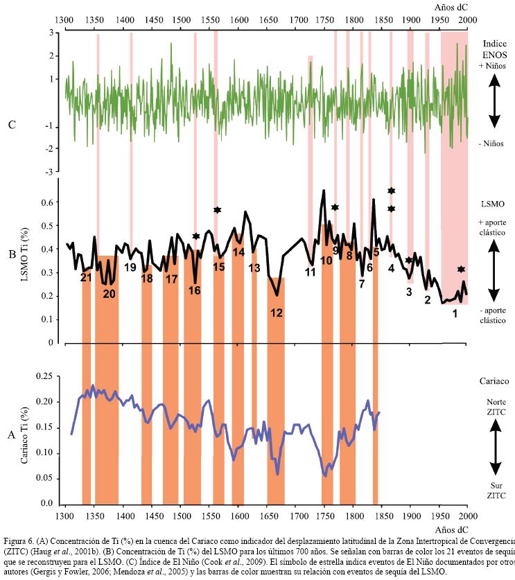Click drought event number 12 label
click(277, 313)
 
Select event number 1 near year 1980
click(455, 313)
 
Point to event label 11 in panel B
click(311, 272)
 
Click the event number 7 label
click(362, 283)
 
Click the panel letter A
click(11, 435)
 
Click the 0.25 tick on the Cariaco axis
click(43, 376)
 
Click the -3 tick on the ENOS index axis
click(50, 171)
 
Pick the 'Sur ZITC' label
click(493, 491)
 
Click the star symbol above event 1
click(461, 269)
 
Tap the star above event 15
click(217, 210)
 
